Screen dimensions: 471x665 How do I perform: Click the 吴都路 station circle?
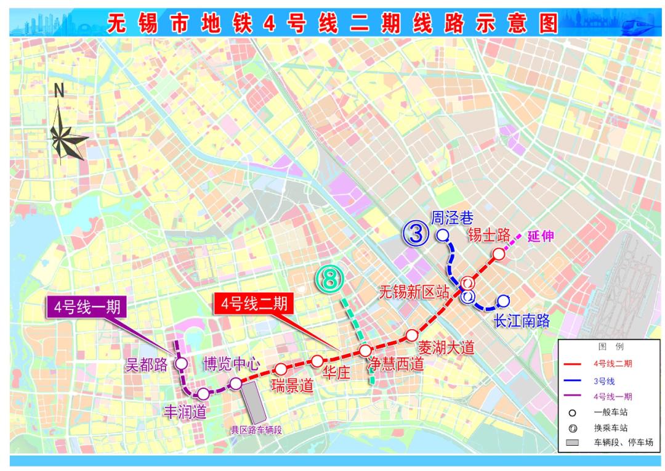click(182, 364)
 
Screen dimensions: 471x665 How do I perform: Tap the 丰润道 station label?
click(184, 411)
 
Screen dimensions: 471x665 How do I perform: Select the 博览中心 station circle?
click(236, 384)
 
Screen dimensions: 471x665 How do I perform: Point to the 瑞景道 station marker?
click(281, 369)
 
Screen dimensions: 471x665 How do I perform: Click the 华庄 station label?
click(336, 374)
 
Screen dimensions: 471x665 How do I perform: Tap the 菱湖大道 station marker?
click(412, 335)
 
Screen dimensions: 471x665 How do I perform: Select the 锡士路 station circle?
click(499, 253)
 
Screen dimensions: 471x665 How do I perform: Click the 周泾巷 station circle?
click(442, 234)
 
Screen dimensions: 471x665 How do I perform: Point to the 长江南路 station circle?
click(504, 301)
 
